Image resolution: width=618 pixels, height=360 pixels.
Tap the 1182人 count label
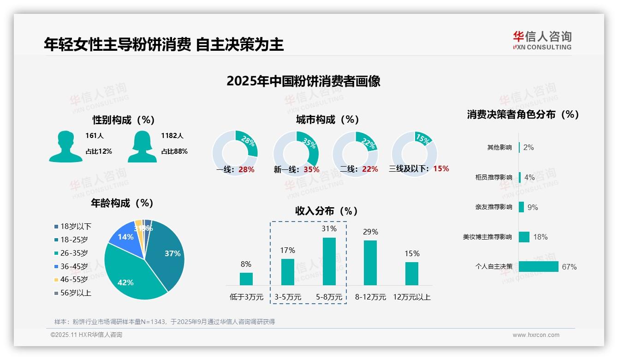(x=172, y=136)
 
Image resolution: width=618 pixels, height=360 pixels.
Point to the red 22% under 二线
(x=370, y=169)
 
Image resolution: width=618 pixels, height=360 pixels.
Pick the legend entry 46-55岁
(x=74, y=280)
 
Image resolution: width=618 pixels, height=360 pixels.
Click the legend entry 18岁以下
(x=76, y=227)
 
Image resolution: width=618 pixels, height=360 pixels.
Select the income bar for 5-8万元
(x=329, y=261)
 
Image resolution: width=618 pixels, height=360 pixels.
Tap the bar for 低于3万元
(x=246, y=279)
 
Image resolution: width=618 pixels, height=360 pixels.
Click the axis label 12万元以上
(x=412, y=297)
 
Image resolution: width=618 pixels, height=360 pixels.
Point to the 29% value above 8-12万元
(x=370, y=232)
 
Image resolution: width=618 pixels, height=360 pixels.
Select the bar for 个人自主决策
(x=538, y=266)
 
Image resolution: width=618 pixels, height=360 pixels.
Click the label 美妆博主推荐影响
(x=487, y=237)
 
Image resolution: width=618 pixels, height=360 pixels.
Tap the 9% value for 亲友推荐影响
(x=533, y=207)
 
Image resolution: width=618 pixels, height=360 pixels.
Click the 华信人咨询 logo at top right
(x=542, y=40)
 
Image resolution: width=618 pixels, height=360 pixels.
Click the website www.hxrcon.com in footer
(x=536, y=335)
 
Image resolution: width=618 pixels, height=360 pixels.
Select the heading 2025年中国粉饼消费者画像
(x=303, y=81)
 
